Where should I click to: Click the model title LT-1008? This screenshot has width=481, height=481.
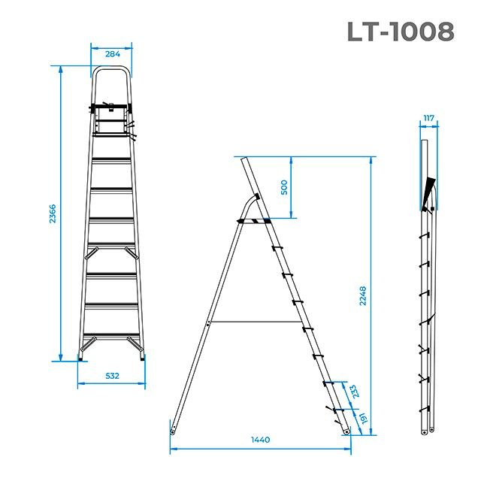[x=401, y=32]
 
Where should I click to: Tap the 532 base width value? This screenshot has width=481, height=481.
[x=111, y=375]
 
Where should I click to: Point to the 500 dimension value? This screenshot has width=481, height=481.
[x=284, y=187]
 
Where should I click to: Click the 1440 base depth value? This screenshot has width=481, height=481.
[x=260, y=440]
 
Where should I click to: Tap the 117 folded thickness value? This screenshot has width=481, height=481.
[x=429, y=118]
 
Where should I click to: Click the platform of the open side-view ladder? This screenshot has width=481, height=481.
[x=254, y=220]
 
